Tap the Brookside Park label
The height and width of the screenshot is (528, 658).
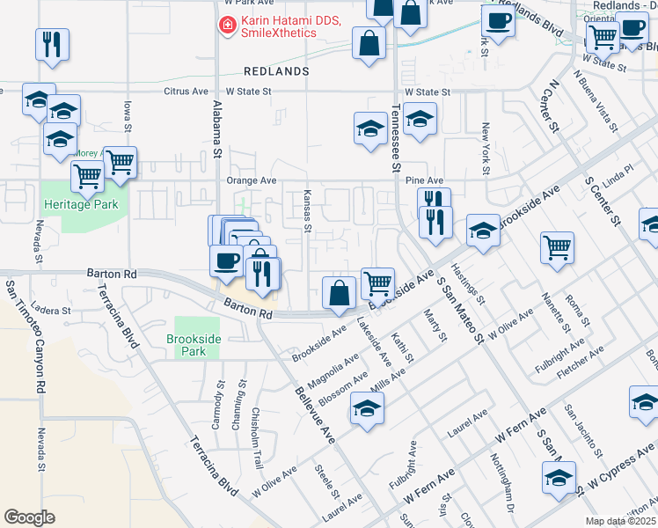(193, 344)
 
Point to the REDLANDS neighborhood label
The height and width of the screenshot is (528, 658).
(276, 70)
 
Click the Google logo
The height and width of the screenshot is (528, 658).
(29, 517)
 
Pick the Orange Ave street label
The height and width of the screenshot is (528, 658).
(251, 180)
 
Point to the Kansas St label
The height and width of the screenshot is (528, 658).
(307, 211)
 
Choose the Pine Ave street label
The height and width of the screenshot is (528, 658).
(424, 180)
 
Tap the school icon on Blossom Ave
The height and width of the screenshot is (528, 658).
(366, 407)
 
